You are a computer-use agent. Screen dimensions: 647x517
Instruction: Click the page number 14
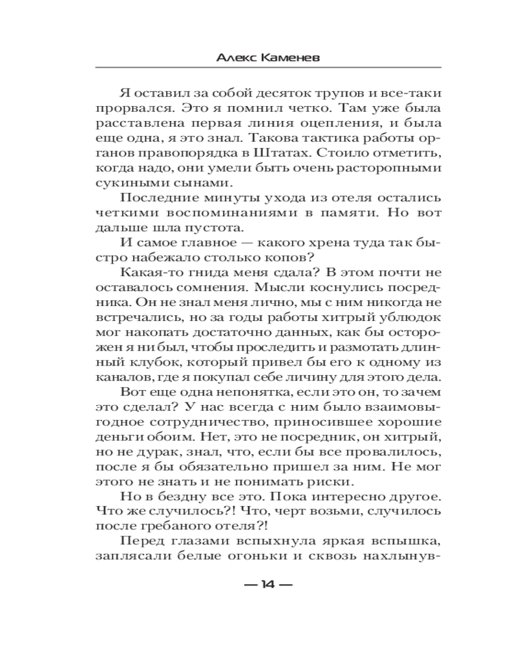268,585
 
